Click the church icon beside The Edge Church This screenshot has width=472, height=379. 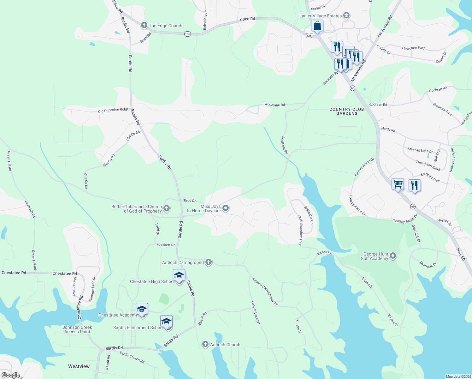point(144,25)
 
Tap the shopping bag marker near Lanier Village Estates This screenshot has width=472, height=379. point(317,26)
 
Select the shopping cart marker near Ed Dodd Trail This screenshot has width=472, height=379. point(398,183)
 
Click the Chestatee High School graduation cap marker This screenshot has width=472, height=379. point(179,275)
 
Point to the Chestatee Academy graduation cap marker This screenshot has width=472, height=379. point(142,309)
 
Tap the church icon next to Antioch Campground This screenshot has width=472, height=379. point(208,262)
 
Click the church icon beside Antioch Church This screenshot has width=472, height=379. point(205,344)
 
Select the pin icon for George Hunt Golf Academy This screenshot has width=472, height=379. point(393,256)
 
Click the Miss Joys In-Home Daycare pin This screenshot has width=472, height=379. point(226,208)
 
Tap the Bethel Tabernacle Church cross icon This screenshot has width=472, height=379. point(167,208)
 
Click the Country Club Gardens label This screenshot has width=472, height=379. point(346,111)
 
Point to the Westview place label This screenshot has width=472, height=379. point(79,366)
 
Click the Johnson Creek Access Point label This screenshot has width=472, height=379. point(77,329)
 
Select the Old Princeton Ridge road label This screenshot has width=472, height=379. point(113,110)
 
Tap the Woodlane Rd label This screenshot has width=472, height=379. point(274,105)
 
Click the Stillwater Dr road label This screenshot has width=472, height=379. point(309,215)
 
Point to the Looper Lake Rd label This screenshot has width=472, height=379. point(256,312)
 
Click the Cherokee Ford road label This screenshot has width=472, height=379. point(413,48)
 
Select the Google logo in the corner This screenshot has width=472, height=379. point(10,375)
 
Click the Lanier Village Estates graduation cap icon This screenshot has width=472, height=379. point(346,15)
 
